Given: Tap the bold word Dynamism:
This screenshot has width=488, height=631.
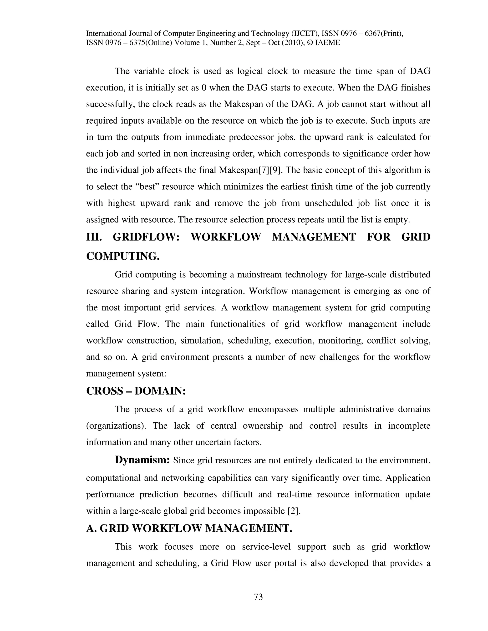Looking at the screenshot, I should pos(142,460).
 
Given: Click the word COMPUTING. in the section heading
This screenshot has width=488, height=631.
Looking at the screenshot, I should pos(123,256).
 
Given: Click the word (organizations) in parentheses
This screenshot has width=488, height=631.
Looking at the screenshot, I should pos(116,426).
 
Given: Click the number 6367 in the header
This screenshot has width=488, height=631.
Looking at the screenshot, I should pos(372,34).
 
